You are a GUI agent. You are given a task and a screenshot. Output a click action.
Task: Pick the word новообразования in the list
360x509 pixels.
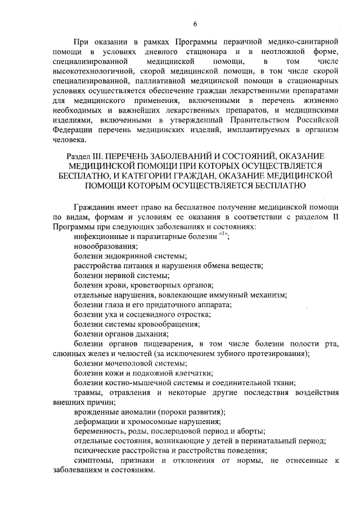tap(105, 246)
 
